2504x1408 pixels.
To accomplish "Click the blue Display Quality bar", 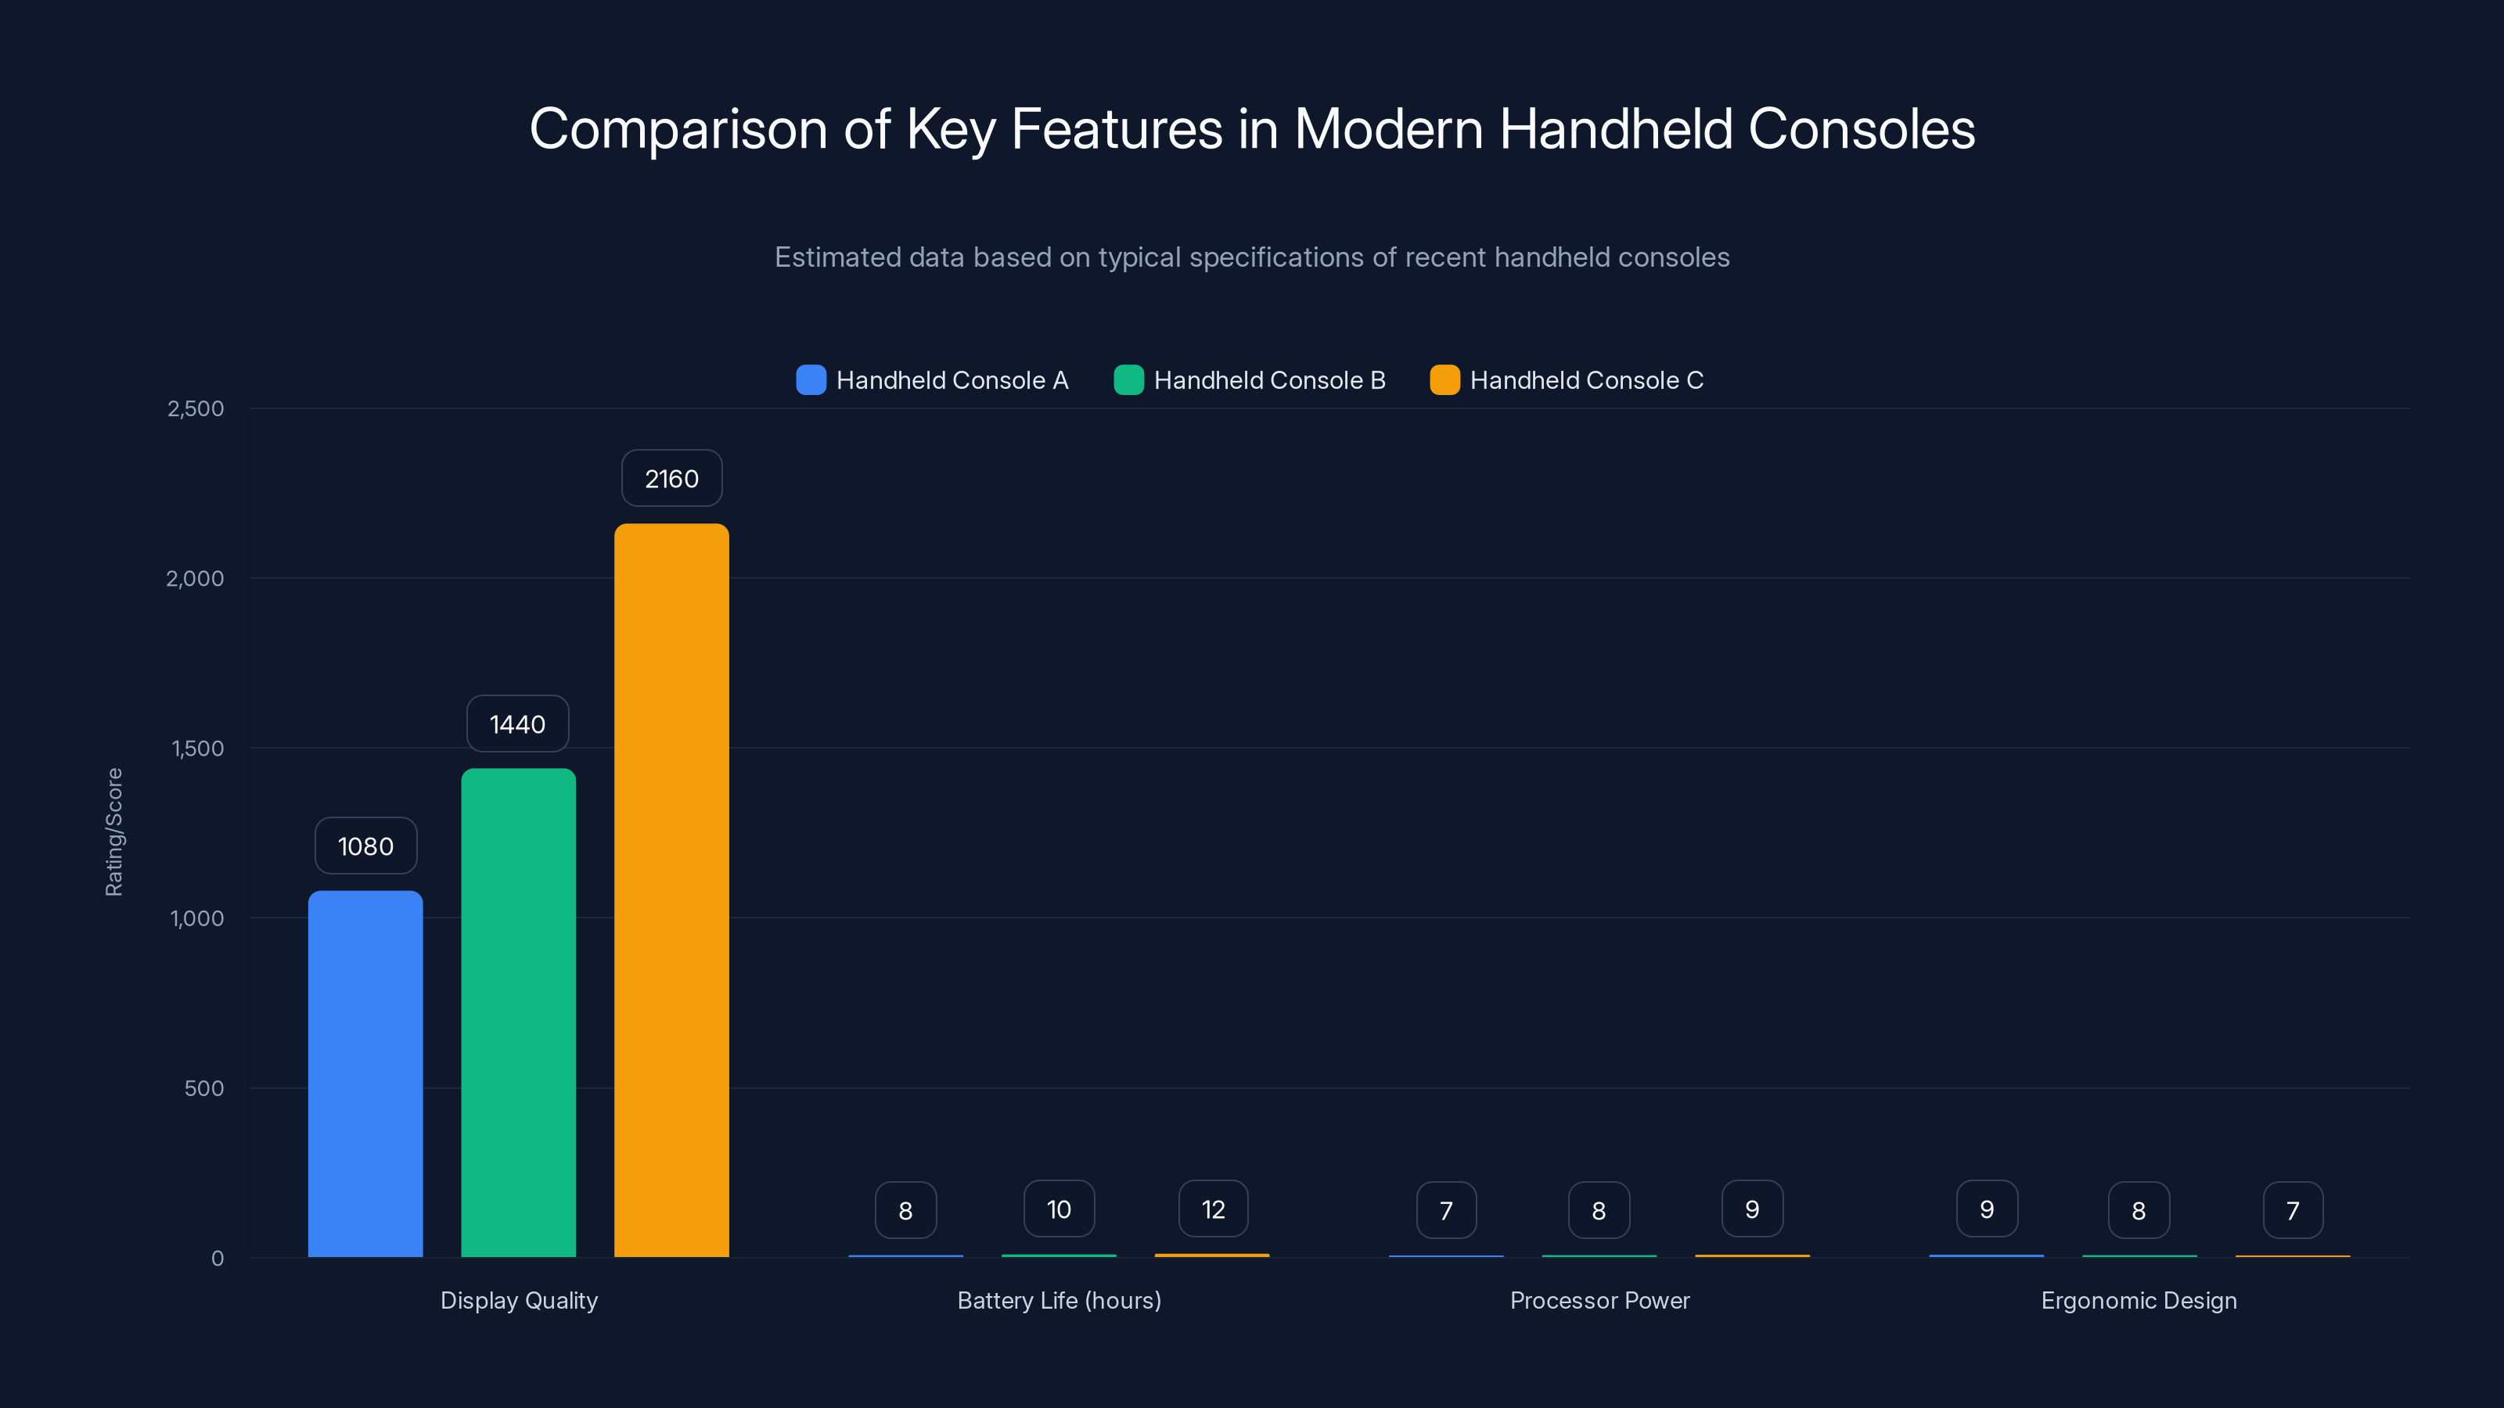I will (x=365, y=1074).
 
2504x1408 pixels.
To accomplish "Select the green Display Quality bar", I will (x=518, y=1012).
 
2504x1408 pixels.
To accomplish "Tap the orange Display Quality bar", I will (x=671, y=890).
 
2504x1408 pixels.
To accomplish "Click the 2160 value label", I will (x=671, y=478).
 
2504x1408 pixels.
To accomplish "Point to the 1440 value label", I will (x=517, y=724).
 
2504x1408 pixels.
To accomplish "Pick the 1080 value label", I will (x=365, y=846).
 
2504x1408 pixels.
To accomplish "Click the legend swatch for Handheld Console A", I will (x=811, y=380).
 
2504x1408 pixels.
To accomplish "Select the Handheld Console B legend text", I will (x=1269, y=380).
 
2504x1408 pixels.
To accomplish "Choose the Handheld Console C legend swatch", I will (x=1444, y=380).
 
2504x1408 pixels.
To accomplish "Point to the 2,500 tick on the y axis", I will (x=196, y=408).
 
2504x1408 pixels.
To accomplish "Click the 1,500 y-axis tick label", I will (x=197, y=749).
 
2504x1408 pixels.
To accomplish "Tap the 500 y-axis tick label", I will (x=204, y=1088).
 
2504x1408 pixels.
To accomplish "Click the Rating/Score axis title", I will (x=113, y=832).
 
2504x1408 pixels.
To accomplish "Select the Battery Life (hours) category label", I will (x=1060, y=1300).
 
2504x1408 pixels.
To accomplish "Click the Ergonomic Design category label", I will (x=2139, y=1300).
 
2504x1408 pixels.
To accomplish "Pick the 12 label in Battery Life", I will (x=1213, y=1209).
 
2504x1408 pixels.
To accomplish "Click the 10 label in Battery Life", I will (x=1059, y=1209).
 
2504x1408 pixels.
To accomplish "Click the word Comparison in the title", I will (x=678, y=129).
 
